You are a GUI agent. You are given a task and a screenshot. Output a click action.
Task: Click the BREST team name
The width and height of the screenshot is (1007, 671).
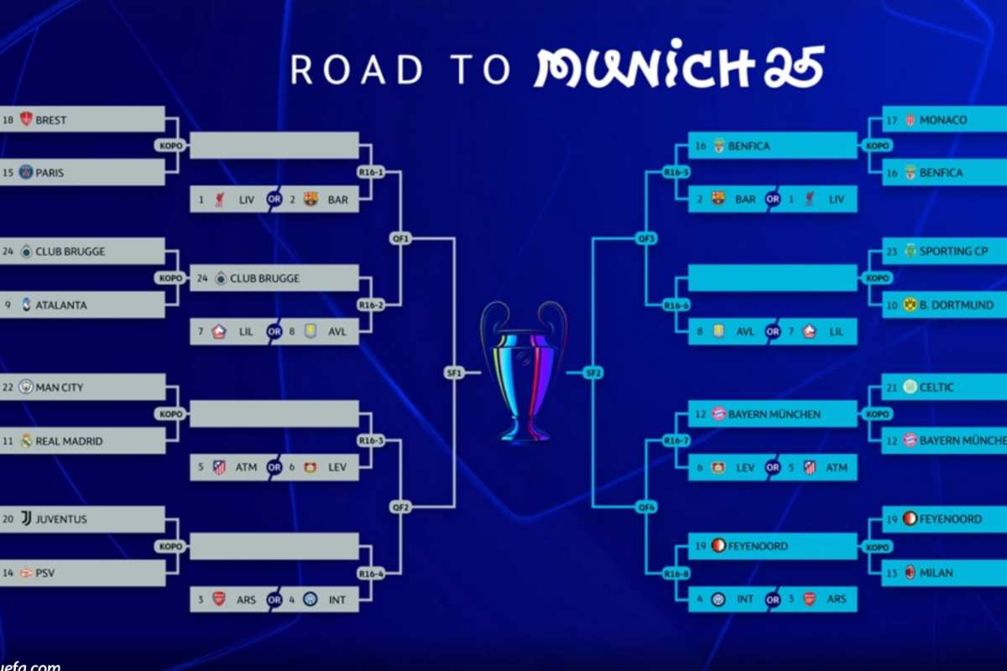click(51, 120)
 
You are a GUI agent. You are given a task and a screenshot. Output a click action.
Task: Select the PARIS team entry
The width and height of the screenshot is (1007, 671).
click(50, 173)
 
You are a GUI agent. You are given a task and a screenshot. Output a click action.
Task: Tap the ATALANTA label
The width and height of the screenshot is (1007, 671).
click(60, 305)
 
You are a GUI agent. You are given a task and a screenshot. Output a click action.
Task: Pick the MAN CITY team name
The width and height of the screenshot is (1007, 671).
click(59, 388)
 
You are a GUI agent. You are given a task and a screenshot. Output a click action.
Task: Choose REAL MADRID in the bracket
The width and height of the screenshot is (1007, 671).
click(70, 441)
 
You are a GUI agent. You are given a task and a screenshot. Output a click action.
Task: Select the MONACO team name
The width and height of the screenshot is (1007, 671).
click(942, 120)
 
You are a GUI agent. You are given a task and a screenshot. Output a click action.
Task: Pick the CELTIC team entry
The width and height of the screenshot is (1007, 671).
click(937, 388)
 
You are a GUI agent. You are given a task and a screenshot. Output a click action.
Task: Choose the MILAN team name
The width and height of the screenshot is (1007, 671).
click(936, 573)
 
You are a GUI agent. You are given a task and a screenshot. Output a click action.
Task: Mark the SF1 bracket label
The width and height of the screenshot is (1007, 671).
click(454, 373)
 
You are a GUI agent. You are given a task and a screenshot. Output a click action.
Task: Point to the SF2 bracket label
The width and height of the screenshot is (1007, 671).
click(593, 373)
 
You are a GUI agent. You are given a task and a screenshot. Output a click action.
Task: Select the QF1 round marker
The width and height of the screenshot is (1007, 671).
click(400, 238)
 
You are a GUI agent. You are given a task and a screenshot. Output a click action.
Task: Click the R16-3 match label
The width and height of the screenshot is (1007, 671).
click(370, 440)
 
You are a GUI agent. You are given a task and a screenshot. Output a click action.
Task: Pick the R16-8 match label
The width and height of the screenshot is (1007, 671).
click(676, 574)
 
